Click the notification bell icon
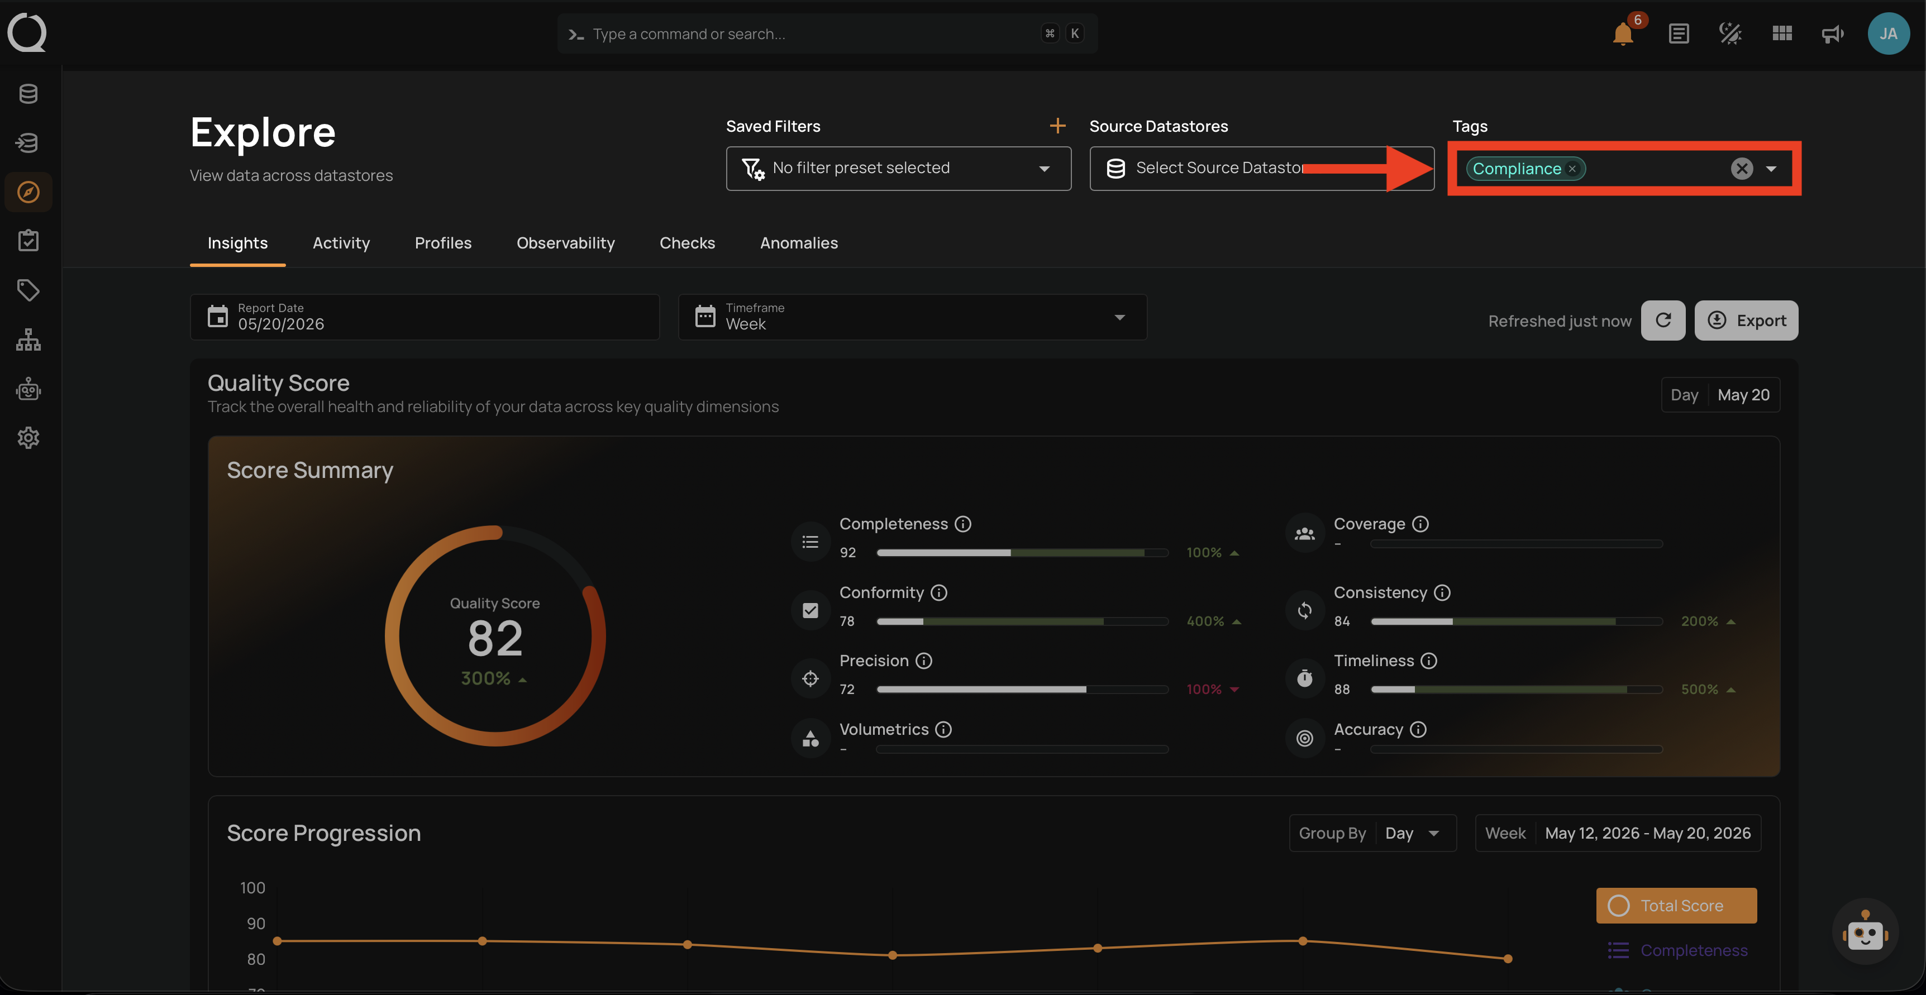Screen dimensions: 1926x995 click(x=1623, y=35)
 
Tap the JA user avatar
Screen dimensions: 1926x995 click(x=1888, y=34)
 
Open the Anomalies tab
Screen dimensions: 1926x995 click(x=799, y=243)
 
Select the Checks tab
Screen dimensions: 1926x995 click(x=687, y=243)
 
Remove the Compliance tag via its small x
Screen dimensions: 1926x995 click(x=1572, y=169)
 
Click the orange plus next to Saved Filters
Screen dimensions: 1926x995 click(x=1057, y=126)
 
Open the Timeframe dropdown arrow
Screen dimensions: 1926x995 click(x=1119, y=318)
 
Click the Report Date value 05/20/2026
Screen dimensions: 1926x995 click(x=281, y=324)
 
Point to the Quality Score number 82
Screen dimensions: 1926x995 click(x=495, y=638)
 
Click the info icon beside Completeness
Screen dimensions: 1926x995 click(x=963, y=524)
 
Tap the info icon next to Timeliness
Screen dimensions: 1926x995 click(x=1429, y=661)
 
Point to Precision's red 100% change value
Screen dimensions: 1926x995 click(x=1204, y=689)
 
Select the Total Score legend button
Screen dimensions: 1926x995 click(x=1676, y=905)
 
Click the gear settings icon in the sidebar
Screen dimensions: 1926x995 click(x=28, y=438)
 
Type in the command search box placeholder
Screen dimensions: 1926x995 click(x=689, y=34)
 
